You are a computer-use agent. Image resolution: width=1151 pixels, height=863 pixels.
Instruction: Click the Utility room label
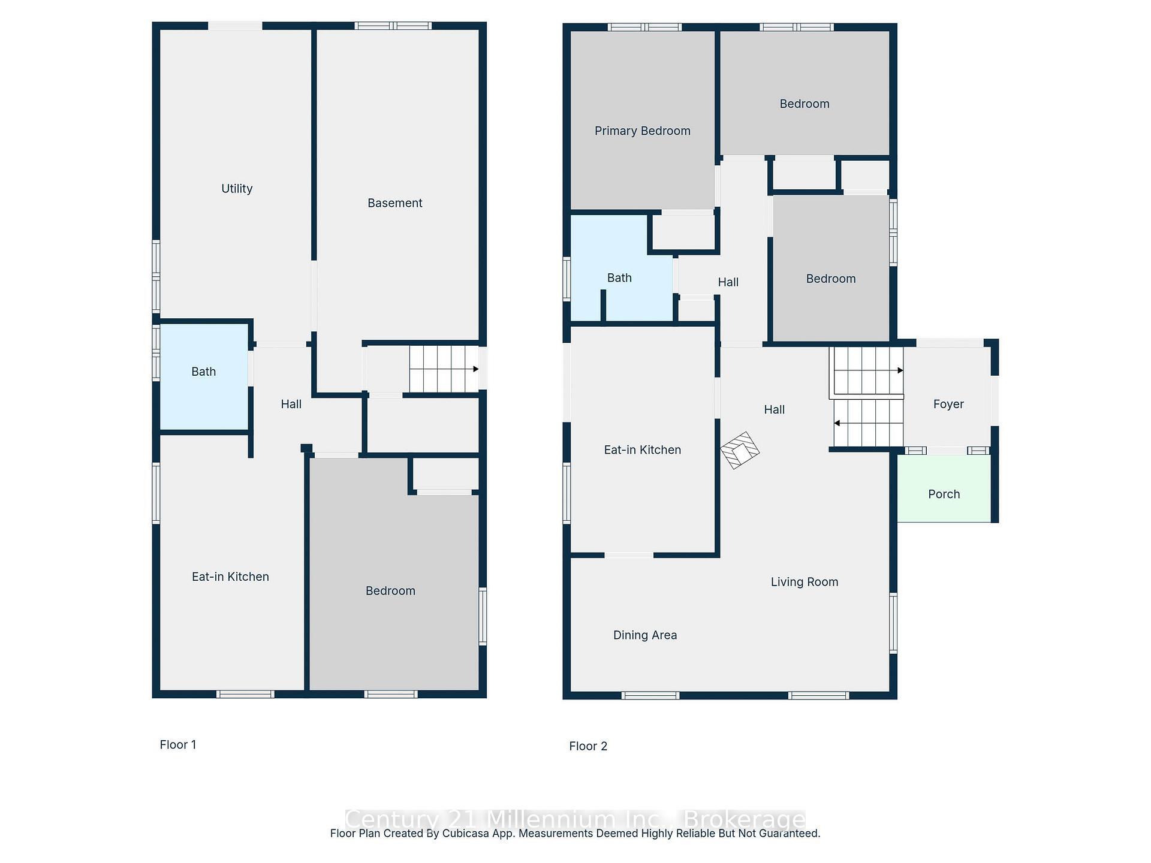pos(237,189)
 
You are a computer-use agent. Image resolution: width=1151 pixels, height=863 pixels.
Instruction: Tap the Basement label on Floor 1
pos(394,203)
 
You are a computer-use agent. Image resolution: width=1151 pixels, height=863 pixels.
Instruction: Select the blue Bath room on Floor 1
pos(204,376)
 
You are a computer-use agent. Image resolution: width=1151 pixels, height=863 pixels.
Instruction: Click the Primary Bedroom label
pos(642,131)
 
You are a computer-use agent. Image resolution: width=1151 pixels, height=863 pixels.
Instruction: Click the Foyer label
pos(948,405)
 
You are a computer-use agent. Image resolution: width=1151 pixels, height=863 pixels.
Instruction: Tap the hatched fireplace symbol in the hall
pos(740,450)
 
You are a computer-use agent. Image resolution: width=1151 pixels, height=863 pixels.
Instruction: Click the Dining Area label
pos(644,635)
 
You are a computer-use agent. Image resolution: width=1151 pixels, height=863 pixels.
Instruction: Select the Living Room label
pos(804,582)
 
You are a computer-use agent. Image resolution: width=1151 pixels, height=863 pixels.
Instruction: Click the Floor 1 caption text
pos(177,745)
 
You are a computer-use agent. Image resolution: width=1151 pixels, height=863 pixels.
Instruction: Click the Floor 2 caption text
pos(587,746)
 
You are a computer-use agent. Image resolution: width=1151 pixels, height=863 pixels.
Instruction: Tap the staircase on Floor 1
pos(444,369)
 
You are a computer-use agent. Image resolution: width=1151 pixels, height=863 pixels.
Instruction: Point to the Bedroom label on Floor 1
pos(390,591)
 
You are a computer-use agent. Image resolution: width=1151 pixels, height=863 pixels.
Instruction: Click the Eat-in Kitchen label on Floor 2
pos(642,450)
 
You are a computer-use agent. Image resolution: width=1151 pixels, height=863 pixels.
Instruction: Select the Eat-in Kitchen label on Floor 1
pos(230,577)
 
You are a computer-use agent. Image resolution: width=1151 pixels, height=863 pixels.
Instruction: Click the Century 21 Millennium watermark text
pos(575,819)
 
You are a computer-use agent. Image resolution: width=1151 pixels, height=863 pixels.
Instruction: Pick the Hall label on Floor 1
pos(291,405)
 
